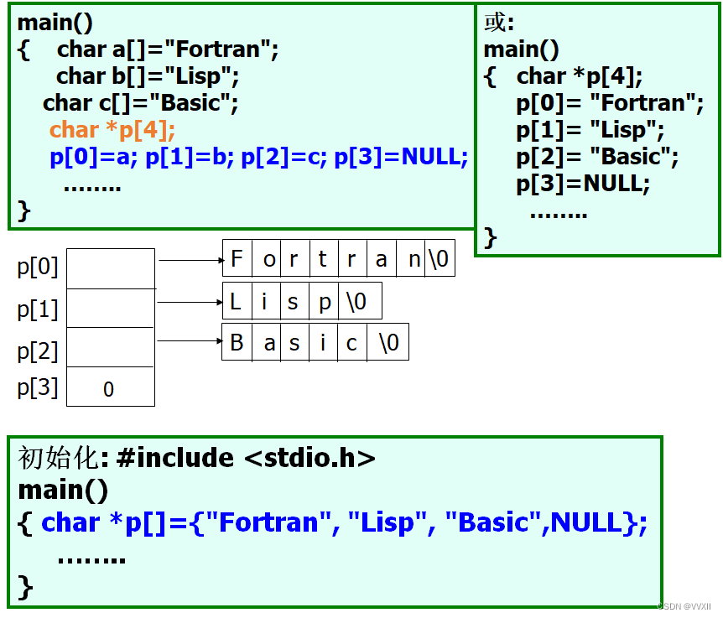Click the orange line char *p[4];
point(112,130)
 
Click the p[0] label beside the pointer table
point(38,268)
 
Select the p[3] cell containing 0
point(110,388)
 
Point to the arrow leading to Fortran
point(190,260)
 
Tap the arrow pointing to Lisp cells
point(190,302)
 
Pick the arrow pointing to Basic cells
point(190,340)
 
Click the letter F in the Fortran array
point(237,259)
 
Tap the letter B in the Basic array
point(237,342)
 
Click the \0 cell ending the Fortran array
point(439,259)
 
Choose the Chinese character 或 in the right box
point(496,22)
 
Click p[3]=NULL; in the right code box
point(583,184)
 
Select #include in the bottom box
point(176,458)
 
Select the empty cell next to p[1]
point(110,309)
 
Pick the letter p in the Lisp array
point(325,302)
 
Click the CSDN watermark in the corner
point(684,606)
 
